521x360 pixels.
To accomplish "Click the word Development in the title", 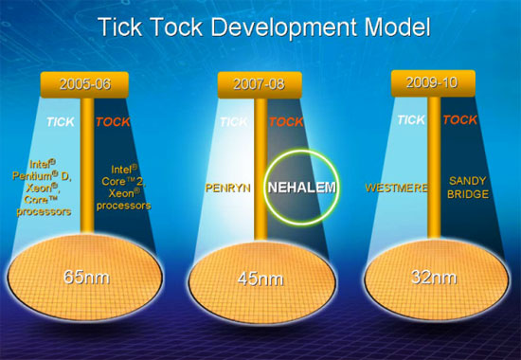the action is pyautogui.click(x=285, y=27).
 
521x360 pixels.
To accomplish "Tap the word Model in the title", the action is pyautogui.click(x=398, y=27).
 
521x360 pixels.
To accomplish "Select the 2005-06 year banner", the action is pyautogui.click(x=84, y=84).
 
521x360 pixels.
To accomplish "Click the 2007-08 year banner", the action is pyautogui.click(x=260, y=84).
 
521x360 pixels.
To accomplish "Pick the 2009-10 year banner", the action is pyautogui.click(x=433, y=82).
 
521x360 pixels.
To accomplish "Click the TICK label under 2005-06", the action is pyautogui.click(x=60, y=122).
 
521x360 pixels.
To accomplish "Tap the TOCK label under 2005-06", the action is pyautogui.click(x=113, y=122).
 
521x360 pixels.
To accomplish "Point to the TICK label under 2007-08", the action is pyautogui.click(x=234, y=122).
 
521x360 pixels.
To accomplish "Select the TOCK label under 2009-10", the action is pyautogui.click(x=459, y=119).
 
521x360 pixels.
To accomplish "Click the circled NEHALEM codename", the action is pyautogui.click(x=301, y=188).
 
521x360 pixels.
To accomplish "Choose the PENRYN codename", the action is pyautogui.click(x=228, y=189).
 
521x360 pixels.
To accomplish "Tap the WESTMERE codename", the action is pyautogui.click(x=396, y=189).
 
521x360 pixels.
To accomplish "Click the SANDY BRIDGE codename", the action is pyautogui.click(x=468, y=188).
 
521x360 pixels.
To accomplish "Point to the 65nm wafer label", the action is pyautogui.click(x=86, y=277).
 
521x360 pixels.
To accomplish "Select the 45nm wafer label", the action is pyautogui.click(x=260, y=279).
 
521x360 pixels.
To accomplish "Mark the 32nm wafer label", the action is pyautogui.click(x=434, y=277).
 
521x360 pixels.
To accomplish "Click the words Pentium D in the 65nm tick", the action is pyautogui.click(x=42, y=175).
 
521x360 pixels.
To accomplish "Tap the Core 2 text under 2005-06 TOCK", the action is pyautogui.click(x=123, y=181).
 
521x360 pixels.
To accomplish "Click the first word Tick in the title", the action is pyautogui.click(x=120, y=27).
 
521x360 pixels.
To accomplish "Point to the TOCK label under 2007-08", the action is pyautogui.click(x=286, y=122).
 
